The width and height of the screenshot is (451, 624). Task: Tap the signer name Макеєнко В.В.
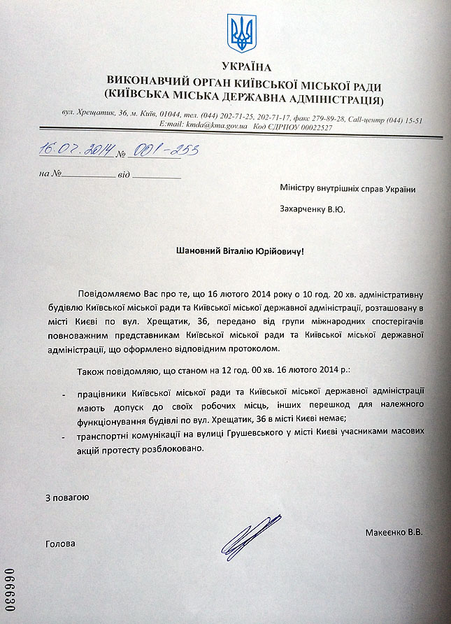394,532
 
